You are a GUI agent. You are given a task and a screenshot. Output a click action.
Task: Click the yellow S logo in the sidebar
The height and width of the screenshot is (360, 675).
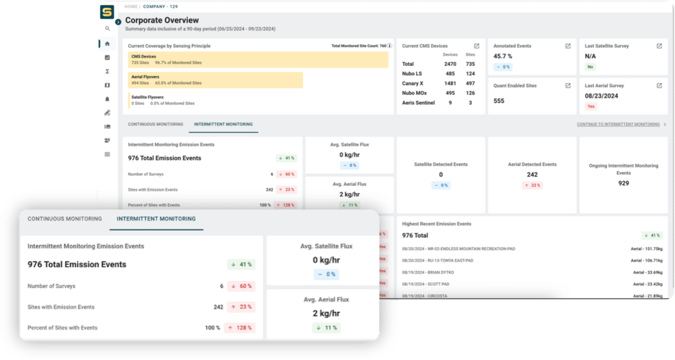click(x=107, y=12)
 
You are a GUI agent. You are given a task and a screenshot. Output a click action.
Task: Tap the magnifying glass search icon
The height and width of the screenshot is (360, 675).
click(x=107, y=29)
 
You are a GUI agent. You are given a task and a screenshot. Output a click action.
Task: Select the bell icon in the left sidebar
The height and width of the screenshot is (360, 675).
click(x=107, y=99)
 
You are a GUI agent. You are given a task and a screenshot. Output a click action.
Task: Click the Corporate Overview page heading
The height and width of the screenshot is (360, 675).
click(x=161, y=20)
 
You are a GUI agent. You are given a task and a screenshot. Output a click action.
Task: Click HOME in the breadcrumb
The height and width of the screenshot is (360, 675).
click(x=131, y=7)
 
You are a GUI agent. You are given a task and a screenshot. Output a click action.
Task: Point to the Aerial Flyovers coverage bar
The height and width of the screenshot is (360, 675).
click(x=215, y=80)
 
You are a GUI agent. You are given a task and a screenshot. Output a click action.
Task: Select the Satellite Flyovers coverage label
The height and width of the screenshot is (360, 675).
click(x=148, y=97)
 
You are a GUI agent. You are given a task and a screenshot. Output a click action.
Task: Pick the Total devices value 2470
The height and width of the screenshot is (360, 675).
click(x=450, y=64)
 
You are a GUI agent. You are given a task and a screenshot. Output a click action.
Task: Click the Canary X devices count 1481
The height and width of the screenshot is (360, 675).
click(x=450, y=83)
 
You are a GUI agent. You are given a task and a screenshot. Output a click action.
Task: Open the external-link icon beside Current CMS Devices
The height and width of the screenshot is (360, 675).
click(x=477, y=46)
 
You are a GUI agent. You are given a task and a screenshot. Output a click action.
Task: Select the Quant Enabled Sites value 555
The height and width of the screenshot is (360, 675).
click(x=499, y=101)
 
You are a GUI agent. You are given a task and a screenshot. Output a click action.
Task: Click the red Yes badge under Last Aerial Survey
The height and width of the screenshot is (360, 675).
click(x=591, y=106)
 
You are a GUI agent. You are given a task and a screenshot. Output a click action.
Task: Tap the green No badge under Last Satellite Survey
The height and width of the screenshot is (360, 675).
click(x=590, y=67)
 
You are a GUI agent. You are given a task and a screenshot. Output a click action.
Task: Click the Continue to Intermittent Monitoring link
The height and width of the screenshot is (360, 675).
click(x=618, y=124)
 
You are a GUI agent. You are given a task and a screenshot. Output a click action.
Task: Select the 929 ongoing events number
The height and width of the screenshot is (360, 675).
click(x=623, y=183)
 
